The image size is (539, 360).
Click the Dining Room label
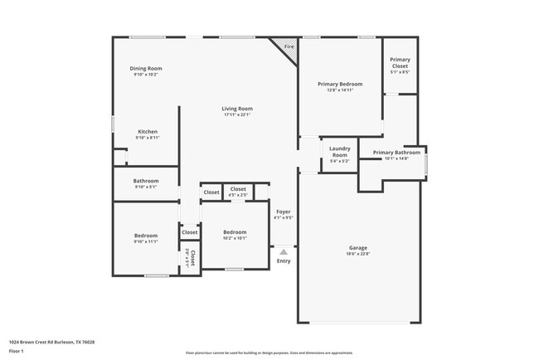click(145, 68)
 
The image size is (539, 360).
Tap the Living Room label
click(237, 109)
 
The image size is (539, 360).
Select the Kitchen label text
click(148, 132)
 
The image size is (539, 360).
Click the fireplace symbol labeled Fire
click(289, 46)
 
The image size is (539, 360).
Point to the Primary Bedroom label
click(340, 84)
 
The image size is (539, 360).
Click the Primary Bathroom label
click(396, 153)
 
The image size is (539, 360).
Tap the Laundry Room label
click(340, 152)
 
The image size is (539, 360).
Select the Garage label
click(357, 248)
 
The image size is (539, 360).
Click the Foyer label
click(284, 212)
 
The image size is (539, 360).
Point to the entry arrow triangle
click(284, 251)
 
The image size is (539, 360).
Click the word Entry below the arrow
click(284, 261)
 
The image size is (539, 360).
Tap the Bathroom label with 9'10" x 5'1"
click(146, 181)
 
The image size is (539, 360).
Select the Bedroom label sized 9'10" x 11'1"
click(146, 236)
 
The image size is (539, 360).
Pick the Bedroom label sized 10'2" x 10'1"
click(235, 232)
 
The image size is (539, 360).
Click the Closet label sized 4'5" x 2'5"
click(238, 189)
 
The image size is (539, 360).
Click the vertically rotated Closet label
click(192, 257)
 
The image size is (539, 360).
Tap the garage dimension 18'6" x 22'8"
click(357, 255)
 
